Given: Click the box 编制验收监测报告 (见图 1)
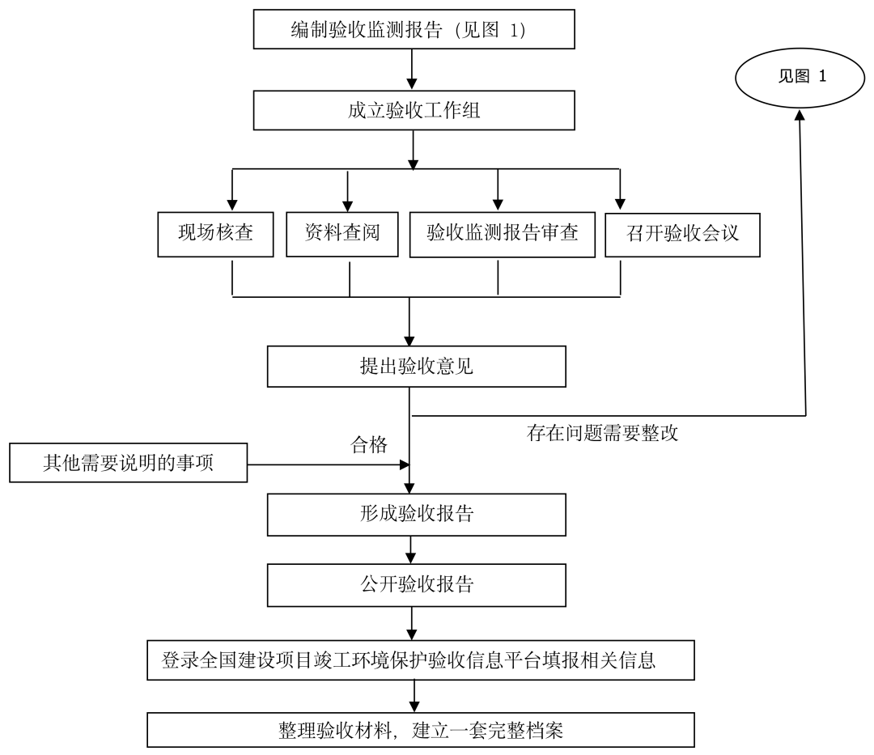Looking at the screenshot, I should tap(414, 30).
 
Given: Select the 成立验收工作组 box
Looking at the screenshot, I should tap(414, 111).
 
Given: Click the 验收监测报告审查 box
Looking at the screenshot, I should tap(498, 235).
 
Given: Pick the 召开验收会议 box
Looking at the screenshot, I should tap(682, 235).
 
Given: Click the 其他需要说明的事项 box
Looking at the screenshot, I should tap(128, 464).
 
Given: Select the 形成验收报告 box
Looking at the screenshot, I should tap(416, 514).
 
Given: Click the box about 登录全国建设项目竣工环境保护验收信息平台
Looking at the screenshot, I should tap(420, 660).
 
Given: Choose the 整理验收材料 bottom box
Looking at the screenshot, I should tap(420, 731).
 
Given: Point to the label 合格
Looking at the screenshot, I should tap(368, 444).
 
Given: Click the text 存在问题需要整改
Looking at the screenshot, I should tap(602, 433).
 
